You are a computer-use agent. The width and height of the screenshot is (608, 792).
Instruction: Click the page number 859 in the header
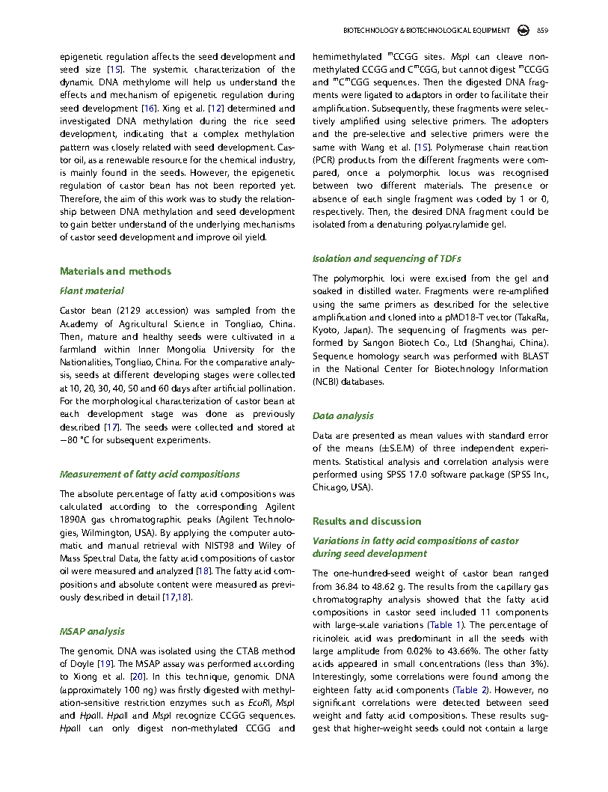[543, 31]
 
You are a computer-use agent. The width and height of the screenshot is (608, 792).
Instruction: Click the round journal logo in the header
[523, 31]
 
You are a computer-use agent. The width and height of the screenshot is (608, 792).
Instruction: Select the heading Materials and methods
[115, 271]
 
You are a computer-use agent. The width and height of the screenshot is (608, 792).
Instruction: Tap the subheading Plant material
[92, 290]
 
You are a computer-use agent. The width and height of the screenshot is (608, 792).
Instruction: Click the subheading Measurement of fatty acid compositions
[150, 474]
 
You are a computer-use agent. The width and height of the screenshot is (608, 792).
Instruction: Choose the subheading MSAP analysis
[92, 631]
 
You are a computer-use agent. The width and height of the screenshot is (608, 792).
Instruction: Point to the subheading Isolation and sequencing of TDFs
[386, 258]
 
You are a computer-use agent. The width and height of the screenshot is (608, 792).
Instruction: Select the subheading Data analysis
[343, 415]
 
